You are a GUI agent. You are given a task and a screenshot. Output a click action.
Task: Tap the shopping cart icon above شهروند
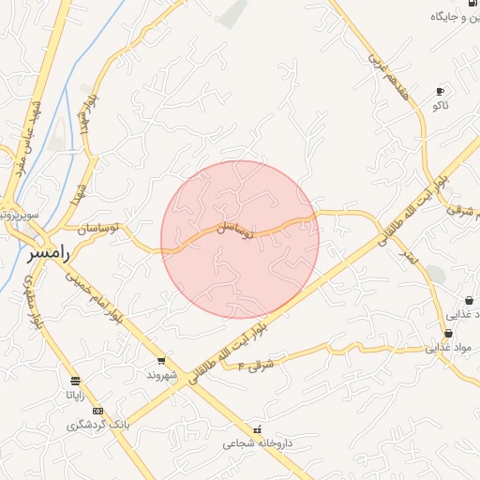pos(161,361)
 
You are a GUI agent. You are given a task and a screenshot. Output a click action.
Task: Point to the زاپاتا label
pos(74,395)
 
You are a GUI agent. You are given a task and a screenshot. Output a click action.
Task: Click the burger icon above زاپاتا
pos(75,381)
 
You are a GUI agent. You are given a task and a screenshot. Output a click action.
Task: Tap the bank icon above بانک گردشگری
pos(97,411)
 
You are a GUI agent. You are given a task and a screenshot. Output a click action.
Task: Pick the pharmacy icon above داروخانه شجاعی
pos(258,428)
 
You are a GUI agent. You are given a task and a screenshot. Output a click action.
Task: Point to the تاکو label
pos(440,106)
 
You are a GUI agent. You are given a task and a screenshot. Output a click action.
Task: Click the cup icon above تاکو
pos(440,91)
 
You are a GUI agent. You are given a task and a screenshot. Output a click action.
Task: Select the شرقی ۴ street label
pos(256,363)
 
